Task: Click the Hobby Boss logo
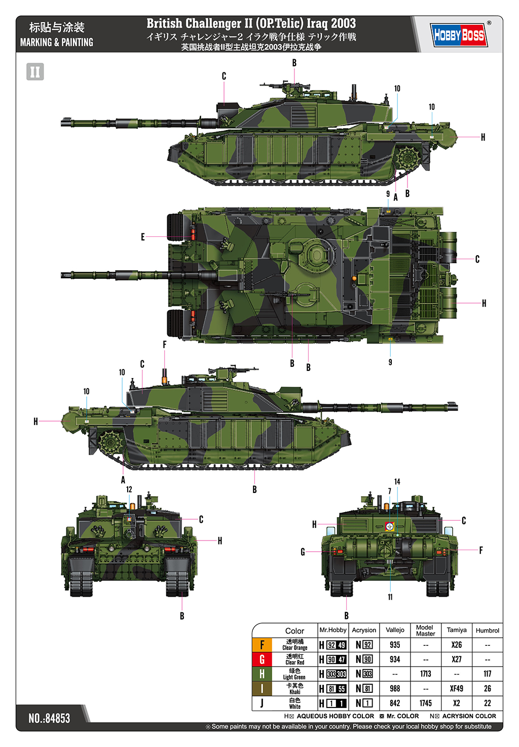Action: [459, 35]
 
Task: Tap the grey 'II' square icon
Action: [35, 72]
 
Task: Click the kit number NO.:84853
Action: [50, 718]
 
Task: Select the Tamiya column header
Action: [457, 630]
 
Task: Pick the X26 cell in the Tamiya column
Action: [457, 645]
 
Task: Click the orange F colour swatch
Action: [262, 645]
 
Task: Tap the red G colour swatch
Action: [262, 659]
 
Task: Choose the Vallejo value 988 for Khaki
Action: [395, 688]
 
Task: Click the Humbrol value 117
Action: [487, 674]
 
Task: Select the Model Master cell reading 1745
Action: [425, 703]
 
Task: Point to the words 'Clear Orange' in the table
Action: [294, 648]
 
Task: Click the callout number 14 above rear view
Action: [397, 481]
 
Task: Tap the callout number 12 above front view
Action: [129, 489]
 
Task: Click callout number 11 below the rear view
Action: [390, 597]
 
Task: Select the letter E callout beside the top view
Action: [143, 237]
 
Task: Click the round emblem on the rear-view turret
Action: [389, 526]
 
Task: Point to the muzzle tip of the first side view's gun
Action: [62, 122]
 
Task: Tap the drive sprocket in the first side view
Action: [408, 157]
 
